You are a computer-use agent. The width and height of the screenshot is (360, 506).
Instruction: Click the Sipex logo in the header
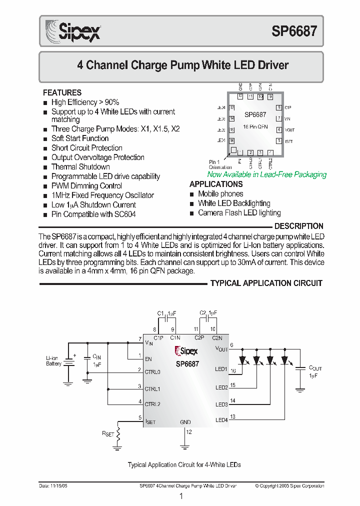(x=73, y=31)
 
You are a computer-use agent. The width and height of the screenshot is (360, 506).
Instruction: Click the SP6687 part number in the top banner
(x=294, y=32)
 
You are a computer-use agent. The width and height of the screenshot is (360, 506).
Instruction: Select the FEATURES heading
(x=62, y=92)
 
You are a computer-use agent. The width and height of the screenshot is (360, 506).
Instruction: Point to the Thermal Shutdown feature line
(x=80, y=167)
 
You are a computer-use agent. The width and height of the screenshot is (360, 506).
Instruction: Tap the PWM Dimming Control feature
(x=86, y=186)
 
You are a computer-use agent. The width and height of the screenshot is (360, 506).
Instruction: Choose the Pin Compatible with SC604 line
(x=93, y=214)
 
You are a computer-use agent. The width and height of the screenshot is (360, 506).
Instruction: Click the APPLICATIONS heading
(x=216, y=184)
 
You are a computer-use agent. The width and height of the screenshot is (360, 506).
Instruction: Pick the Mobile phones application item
(x=220, y=194)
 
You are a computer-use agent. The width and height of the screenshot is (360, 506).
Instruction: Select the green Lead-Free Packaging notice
(x=266, y=174)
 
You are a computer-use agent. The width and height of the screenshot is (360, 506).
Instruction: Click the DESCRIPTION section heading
(x=298, y=226)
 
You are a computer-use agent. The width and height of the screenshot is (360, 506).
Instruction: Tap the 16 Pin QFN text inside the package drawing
(x=255, y=127)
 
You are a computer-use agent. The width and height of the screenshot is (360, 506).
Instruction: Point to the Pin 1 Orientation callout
(x=220, y=164)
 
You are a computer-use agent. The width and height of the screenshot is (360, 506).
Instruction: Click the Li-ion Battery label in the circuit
(x=53, y=361)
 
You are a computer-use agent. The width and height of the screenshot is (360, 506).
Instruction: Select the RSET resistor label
(x=107, y=434)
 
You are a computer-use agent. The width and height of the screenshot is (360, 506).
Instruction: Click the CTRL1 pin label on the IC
(x=152, y=388)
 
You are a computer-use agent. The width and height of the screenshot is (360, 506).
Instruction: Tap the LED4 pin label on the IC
(x=221, y=420)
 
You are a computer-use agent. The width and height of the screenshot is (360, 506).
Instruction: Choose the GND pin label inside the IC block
(x=185, y=422)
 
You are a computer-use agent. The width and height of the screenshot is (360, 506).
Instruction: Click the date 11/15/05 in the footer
(x=52, y=486)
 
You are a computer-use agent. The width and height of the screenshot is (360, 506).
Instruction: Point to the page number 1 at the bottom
(x=181, y=496)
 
